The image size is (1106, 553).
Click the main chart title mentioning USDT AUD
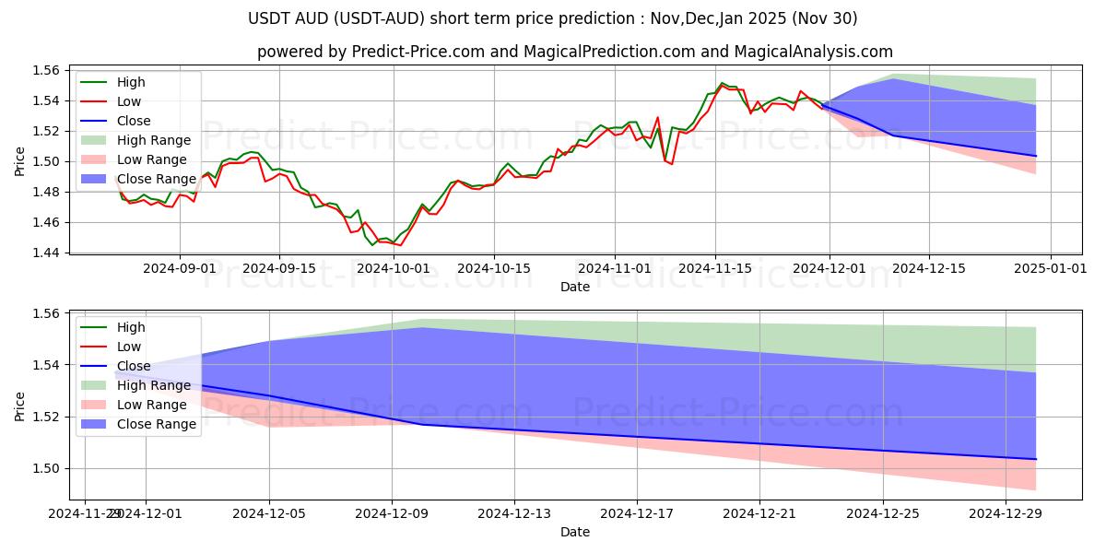(553, 18)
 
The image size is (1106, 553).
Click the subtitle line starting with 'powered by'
(575, 52)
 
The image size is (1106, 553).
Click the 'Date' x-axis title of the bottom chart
(575, 532)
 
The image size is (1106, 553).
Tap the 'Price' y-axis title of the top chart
(20, 161)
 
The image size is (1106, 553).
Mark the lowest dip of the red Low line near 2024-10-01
(400, 245)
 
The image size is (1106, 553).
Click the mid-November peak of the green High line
(723, 83)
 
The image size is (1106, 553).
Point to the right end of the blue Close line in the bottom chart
(1036, 459)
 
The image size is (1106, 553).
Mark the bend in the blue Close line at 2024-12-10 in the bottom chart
(422, 425)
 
